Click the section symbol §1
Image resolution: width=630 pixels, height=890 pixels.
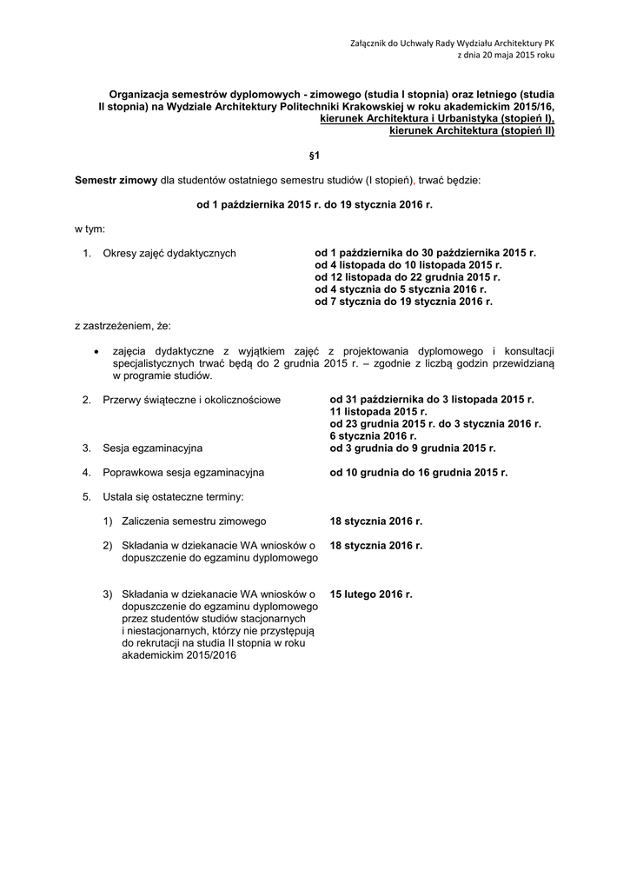coord(315,155)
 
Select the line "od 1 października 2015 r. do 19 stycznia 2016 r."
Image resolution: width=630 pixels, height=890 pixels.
coord(315,204)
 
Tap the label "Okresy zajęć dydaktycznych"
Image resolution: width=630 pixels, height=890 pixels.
coord(169,253)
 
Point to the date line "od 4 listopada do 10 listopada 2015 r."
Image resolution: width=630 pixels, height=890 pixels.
coord(408,265)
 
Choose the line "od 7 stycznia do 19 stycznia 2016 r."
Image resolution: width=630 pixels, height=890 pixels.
coord(403,301)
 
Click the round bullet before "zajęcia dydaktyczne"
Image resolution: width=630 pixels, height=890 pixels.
coord(96,350)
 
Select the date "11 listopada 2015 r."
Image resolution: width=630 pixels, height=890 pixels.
coord(378,411)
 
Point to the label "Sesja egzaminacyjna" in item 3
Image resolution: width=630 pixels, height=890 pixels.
coord(152,448)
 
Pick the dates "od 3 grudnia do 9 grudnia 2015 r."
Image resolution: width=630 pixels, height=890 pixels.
coord(413,448)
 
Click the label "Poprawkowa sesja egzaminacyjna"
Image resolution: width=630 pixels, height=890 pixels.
coord(183,472)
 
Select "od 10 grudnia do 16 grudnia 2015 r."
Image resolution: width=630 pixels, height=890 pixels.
coord(419,472)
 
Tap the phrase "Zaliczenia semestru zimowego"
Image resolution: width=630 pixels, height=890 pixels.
coord(195,521)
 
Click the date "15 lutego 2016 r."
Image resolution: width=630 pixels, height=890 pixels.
coord(371,594)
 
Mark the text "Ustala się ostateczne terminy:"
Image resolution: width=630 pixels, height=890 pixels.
coord(173,497)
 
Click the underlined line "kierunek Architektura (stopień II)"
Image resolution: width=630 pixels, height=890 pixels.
coord(472,130)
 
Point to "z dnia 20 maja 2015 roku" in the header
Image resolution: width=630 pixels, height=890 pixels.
coord(505,54)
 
